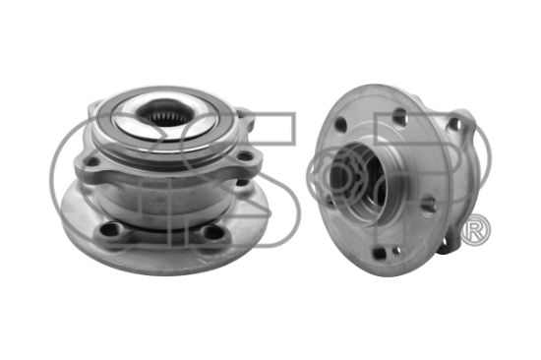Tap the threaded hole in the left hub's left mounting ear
pos(92,161)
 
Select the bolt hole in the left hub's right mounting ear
pos(244,156)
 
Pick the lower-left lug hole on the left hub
pos(111,229)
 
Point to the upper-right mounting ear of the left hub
pos(246,117)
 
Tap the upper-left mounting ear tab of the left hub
pos(93,107)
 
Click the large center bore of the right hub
pos(359,179)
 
